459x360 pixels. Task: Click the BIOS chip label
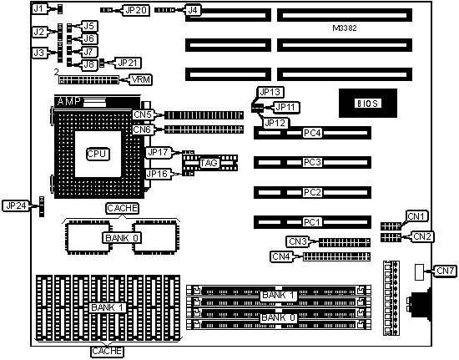pyautogui.click(x=368, y=104)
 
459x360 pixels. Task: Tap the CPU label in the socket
pyautogui.click(x=98, y=154)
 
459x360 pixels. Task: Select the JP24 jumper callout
pyautogui.click(x=16, y=205)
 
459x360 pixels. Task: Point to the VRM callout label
pyautogui.click(x=141, y=79)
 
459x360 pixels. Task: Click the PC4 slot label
pyautogui.click(x=312, y=133)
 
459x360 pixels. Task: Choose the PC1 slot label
pyautogui.click(x=312, y=222)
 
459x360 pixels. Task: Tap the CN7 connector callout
pyautogui.click(x=445, y=271)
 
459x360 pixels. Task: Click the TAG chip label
pyautogui.click(x=209, y=163)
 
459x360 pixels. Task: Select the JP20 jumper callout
pyautogui.click(x=136, y=11)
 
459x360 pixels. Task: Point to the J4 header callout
pyautogui.click(x=193, y=11)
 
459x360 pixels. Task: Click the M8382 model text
pyautogui.click(x=345, y=28)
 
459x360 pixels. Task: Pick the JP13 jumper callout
pyautogui.click(x=270, y=92)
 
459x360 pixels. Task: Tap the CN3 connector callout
pyautogui.click(x=297, y=241)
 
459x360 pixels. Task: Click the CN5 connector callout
pyautogui.click(x=143, y=114)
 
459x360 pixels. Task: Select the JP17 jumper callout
pyautogui.click(x=158, y=152)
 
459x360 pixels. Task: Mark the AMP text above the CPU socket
pyautogui.click(x=68, y=101)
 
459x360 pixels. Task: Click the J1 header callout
pyautogui.click(x=39, y=9)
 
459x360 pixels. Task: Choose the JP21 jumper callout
pyautogui.click(x=128, y=63)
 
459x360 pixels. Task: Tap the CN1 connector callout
pyautogui.click(x=416, y=216)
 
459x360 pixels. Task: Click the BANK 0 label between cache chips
pyautogui.click(x=122, y=238)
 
